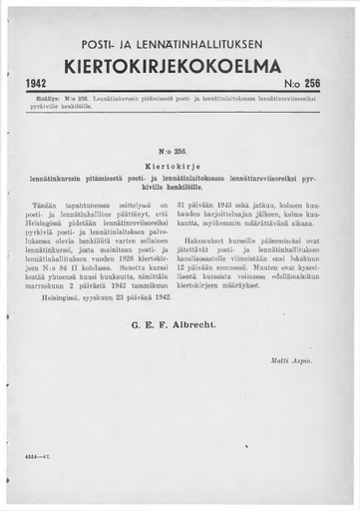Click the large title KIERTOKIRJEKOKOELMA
coord(180,66)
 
